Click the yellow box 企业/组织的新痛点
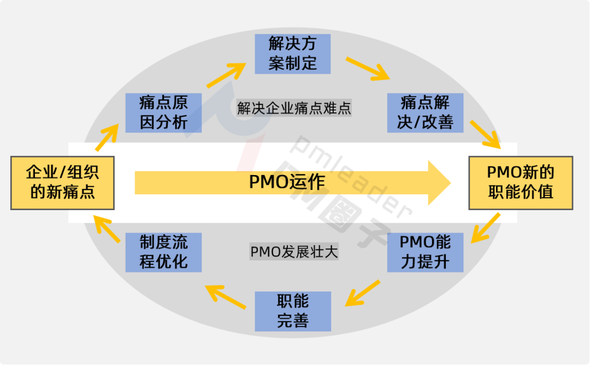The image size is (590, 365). pos(62,183)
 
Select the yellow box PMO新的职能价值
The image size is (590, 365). pos(521,183)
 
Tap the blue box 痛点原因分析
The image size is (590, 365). pos(163,113)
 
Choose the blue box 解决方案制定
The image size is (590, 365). pos(293,54)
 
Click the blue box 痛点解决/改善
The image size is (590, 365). pos(425,113)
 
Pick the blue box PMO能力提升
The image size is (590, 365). pos(425,252)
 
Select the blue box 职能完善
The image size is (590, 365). pos(293,311)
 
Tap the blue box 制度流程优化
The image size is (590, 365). pos(163,252)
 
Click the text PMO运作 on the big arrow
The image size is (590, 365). pos(287,182)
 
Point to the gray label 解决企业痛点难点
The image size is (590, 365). pos(294,108)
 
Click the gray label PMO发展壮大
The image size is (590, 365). pos(294,252)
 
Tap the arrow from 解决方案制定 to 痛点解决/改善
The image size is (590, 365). pos(367,68)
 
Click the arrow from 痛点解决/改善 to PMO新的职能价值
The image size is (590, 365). pos(485,134)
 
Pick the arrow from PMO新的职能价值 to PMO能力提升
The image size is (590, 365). pos(486,228)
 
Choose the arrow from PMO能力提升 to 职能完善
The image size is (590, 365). pos(363,293)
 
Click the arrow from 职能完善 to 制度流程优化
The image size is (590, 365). pos(226,296)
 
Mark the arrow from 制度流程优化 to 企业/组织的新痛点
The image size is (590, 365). pos(107,229)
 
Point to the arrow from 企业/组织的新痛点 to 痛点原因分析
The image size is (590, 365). pos(108,136)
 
